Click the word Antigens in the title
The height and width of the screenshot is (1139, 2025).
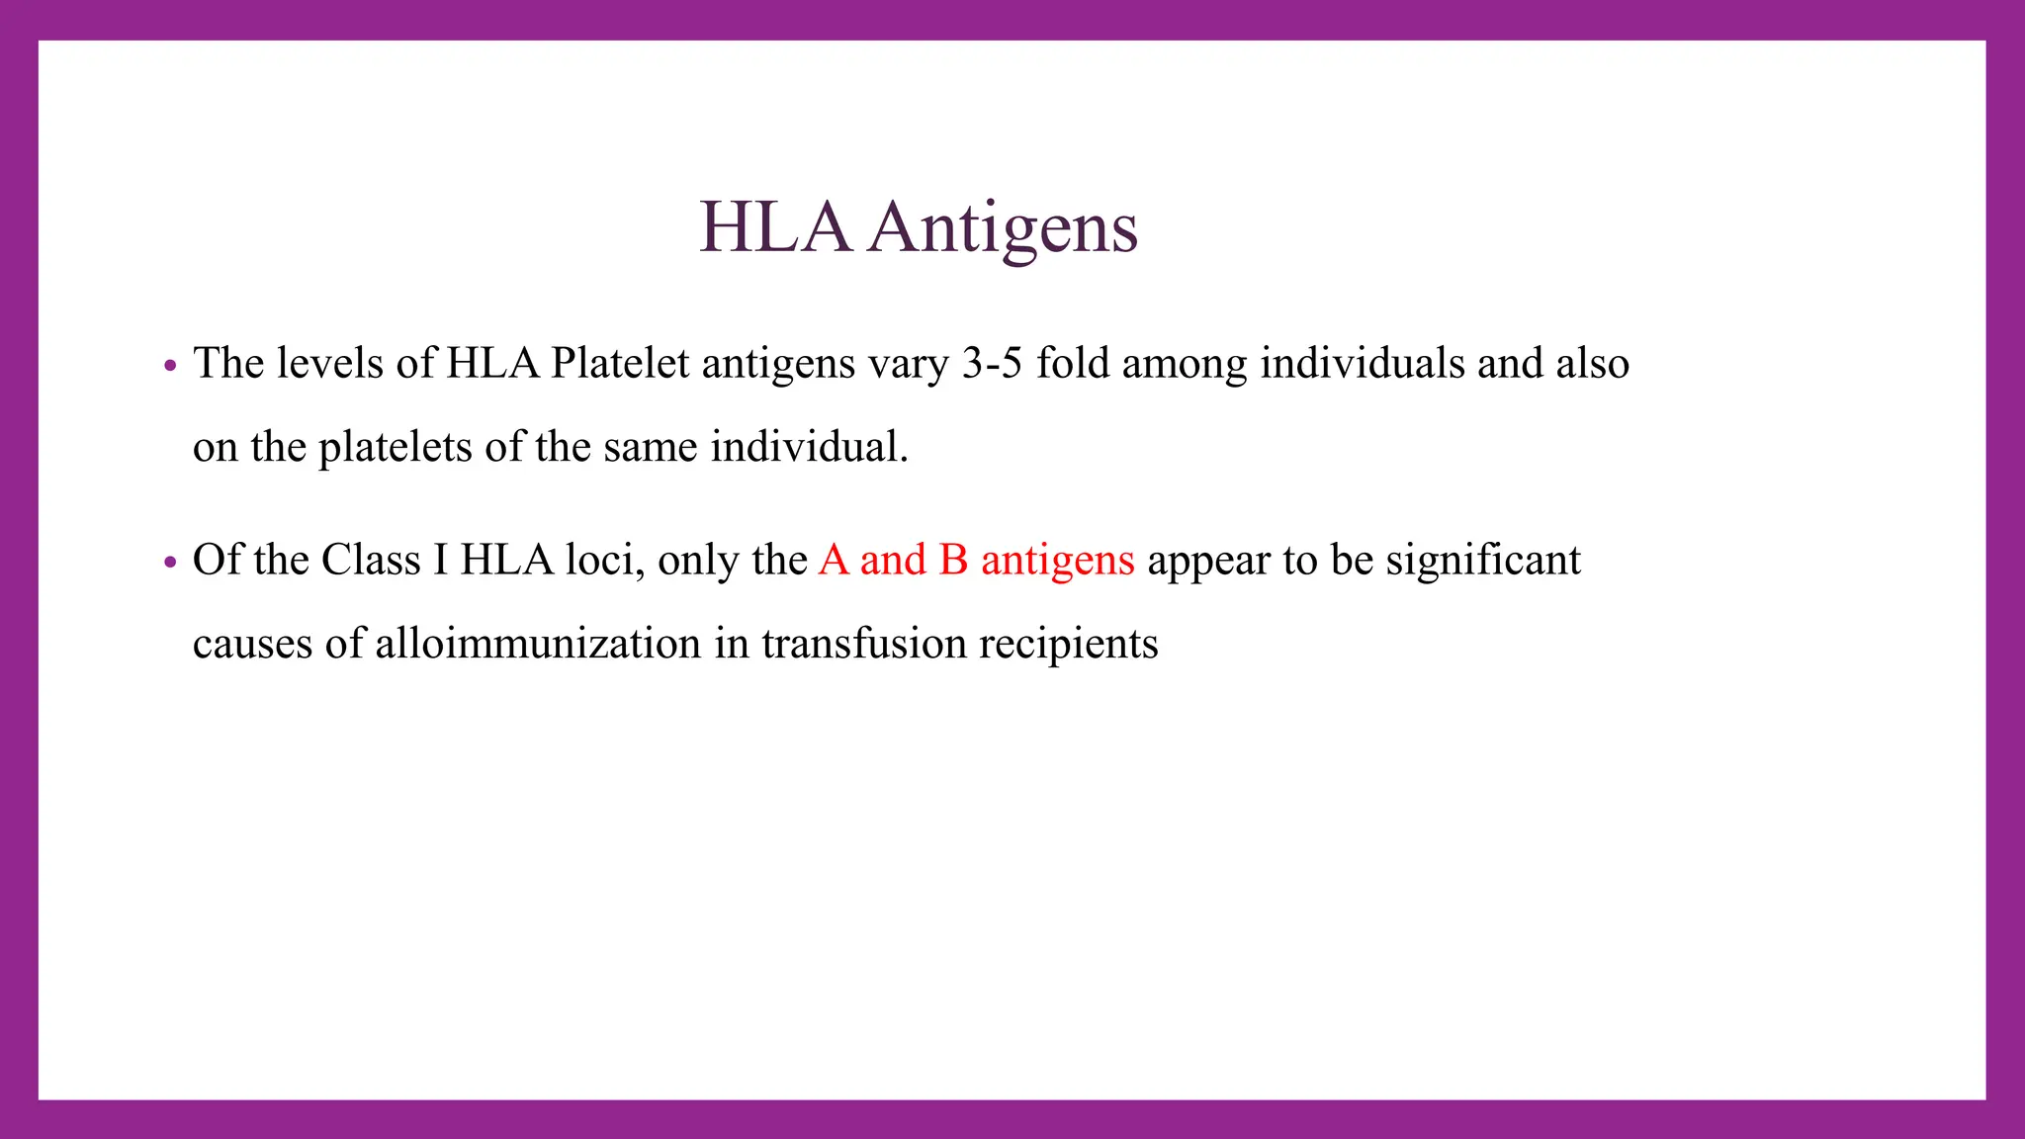[x=1004, y=228]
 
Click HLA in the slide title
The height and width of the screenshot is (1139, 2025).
[x=774, y=228]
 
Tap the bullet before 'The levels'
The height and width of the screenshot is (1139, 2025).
[x=170, y=366]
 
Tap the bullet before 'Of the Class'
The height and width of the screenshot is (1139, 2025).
[x=170, y=563]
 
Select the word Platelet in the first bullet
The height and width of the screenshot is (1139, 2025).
[x=619, y=364]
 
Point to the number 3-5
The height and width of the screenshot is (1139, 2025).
[x=991, y=364]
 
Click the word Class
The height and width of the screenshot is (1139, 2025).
[x=371, y=561]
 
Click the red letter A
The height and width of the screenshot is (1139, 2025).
[x=834, y=561]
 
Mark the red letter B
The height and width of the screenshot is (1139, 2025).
[x=953, y=561]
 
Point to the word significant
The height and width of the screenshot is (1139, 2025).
[x=1482, y=561]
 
